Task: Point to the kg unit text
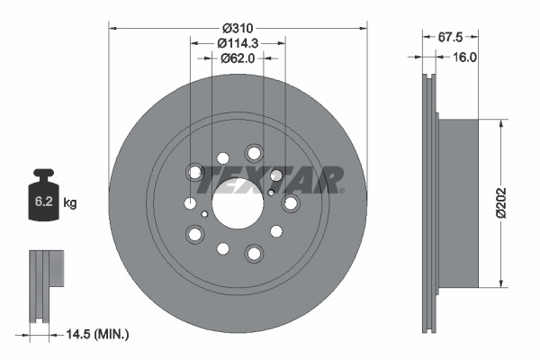point(70,203)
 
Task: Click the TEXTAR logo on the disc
point(270,180)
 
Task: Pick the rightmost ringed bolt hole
point(290,204)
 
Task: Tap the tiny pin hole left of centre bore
point(206,214)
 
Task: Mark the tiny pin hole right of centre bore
point(271,192)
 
